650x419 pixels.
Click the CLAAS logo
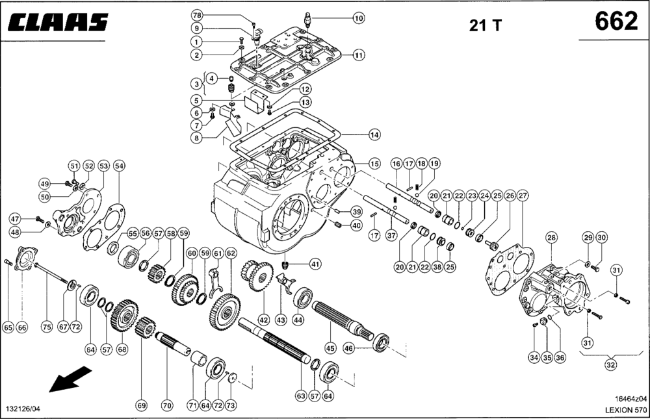(x=58, y=22)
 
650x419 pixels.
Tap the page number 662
(x=616, y=21)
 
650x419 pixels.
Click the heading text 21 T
(x=485, y=26)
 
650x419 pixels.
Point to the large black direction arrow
(x=70, y=379)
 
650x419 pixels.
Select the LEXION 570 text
(x=625, y=410)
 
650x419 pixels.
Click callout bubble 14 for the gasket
(x=374, y=134)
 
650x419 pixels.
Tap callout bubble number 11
(x=359, y=55)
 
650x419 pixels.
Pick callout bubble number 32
(x=610, y=364)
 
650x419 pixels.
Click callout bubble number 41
(x=316, y=263)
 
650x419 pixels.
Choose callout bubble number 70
(x=167, y=405)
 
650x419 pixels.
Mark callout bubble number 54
(x=120, y=166)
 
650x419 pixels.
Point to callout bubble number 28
(x=551, y=238)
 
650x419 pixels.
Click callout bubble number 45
(x=330, y=348)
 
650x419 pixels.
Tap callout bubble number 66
(x=22, y=327)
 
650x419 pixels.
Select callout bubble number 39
(x=356, y=212)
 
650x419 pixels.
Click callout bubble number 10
(x=359, y=18)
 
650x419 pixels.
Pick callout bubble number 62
(x=231, y=253)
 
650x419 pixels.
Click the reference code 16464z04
(x=631, y=399)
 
